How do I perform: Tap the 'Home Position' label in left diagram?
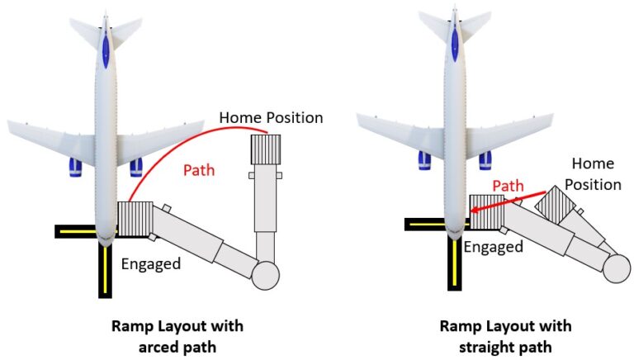[271, 117]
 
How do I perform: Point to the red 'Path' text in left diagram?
[199, 170]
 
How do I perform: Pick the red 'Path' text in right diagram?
[508, 186]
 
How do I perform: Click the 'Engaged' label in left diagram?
[151, 264]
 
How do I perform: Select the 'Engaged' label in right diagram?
[493, 246]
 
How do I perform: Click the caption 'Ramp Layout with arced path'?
[177, 335]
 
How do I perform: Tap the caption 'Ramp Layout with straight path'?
[504, 335]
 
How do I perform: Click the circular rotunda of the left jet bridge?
[266, 274]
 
